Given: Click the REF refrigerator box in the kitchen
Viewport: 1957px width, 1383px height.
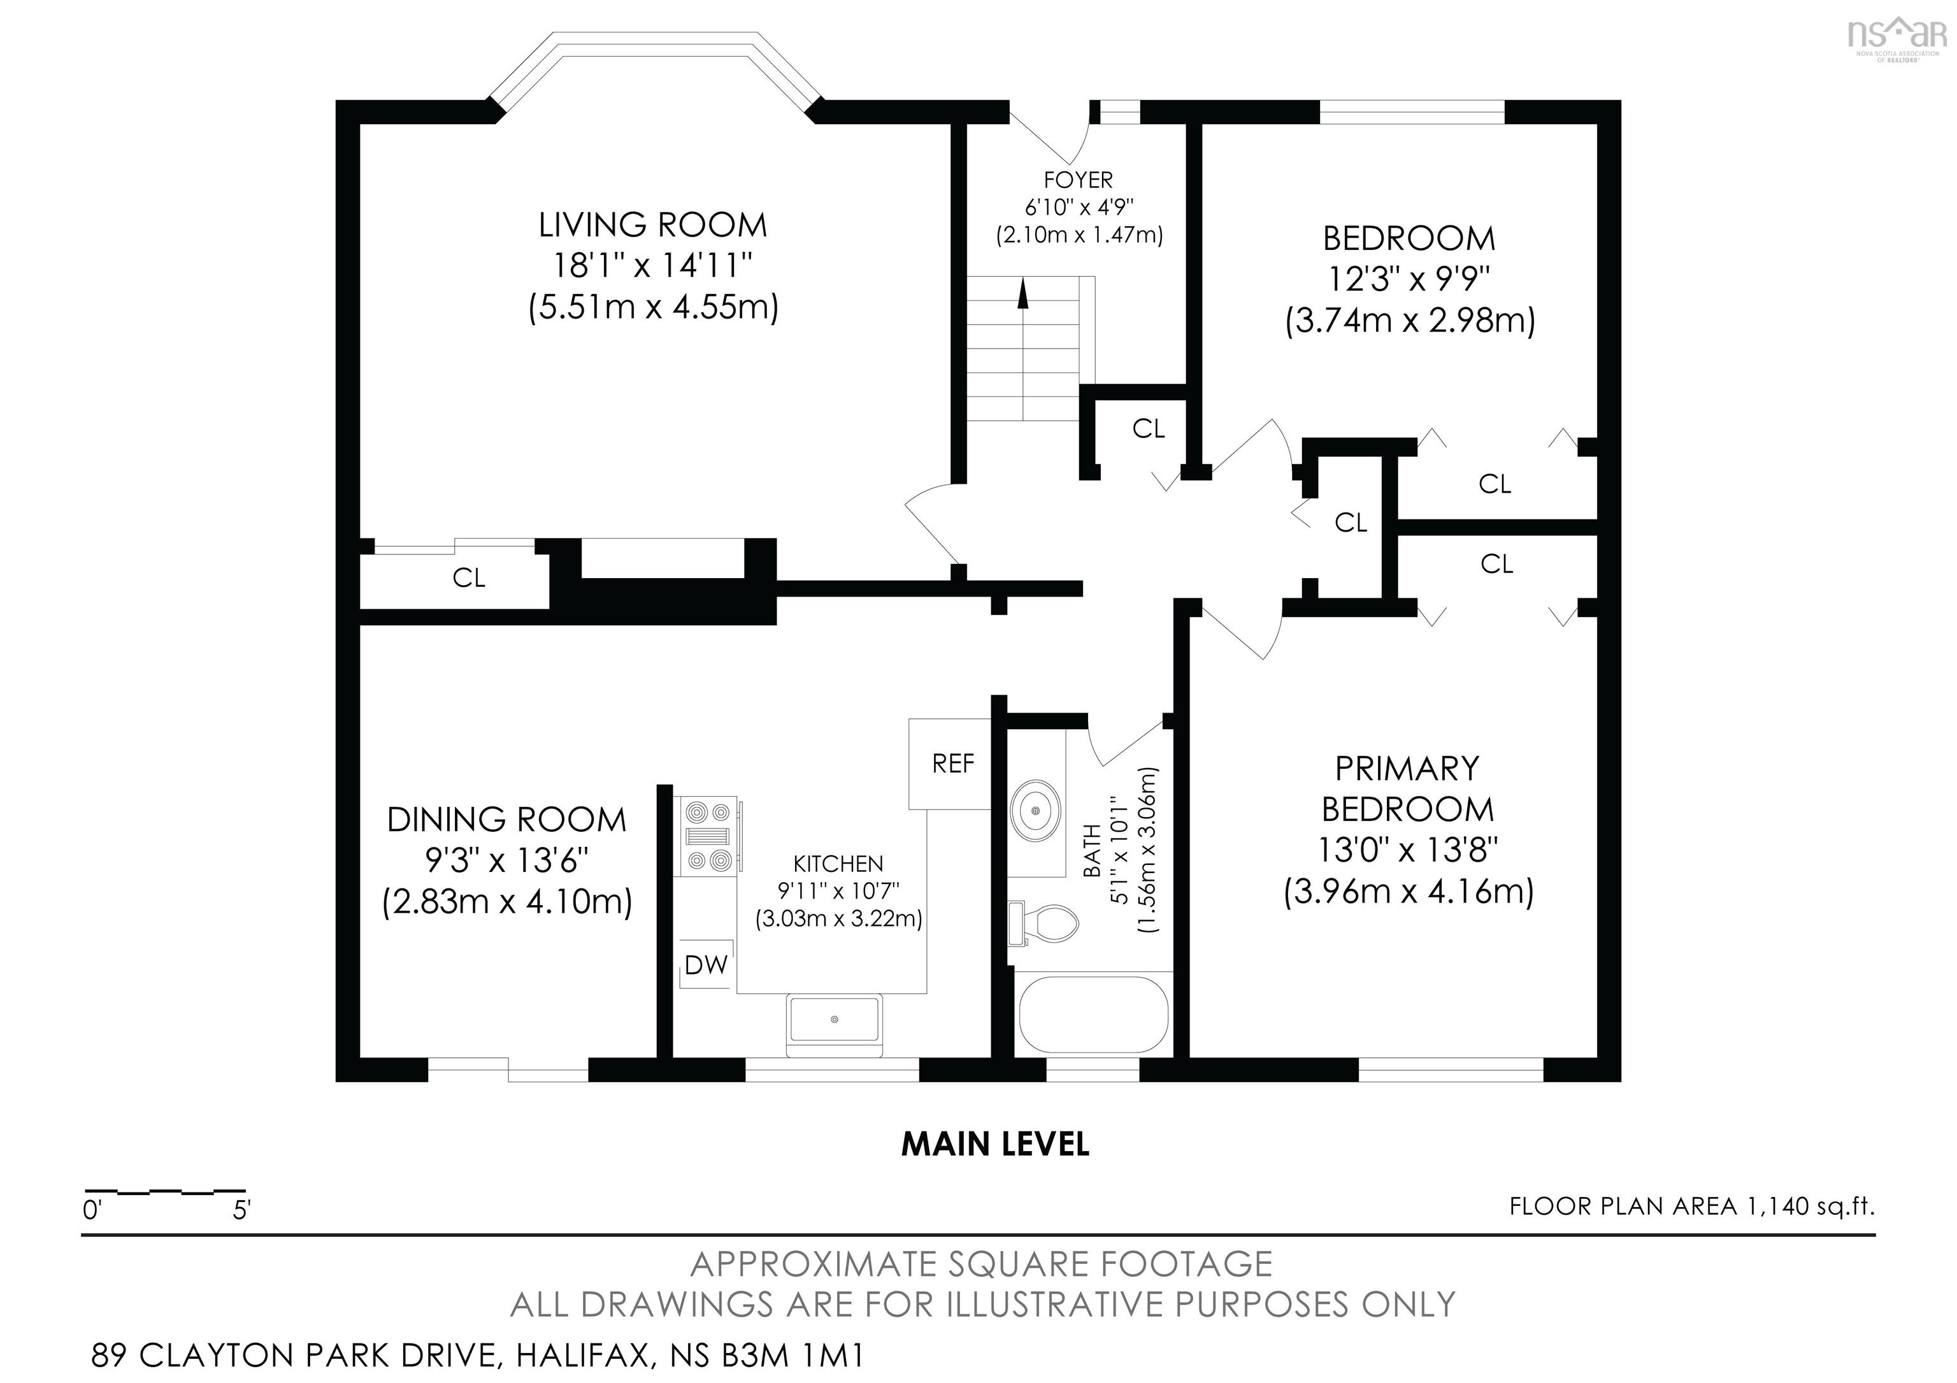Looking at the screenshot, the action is click(x=950, y=763).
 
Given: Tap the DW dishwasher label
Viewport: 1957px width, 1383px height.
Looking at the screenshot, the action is click(x=706, y=964).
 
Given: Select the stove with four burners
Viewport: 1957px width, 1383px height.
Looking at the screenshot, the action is click(x=709, y=836).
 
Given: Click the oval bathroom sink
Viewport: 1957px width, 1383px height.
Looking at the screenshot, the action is click(x=1036, y=807).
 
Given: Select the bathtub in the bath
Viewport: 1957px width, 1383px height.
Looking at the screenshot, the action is click(x=1094, y=1015).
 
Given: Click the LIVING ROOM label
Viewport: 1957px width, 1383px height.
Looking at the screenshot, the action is click(x=653, y=225).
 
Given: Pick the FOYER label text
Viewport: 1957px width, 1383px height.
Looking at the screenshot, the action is click(x=1079, y=180).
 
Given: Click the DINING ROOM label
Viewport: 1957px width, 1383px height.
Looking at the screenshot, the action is click(x=506, y=820).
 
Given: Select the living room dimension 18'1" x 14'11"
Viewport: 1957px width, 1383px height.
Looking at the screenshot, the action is click(x=653, y=266).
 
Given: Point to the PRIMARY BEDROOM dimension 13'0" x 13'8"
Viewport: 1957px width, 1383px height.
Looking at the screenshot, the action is click(x=1408, y=850).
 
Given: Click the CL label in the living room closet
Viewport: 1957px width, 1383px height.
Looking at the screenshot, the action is click(x=469, y=578).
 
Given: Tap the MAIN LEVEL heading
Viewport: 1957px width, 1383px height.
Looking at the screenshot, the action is click(x=994, y=1144).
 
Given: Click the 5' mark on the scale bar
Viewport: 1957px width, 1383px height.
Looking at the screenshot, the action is click(x=241, y=1209).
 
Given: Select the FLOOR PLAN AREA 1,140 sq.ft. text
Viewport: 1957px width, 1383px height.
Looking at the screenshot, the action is click(x=1692, y=1206).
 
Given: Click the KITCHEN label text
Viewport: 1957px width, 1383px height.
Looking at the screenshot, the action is click(x=838, y=864).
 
